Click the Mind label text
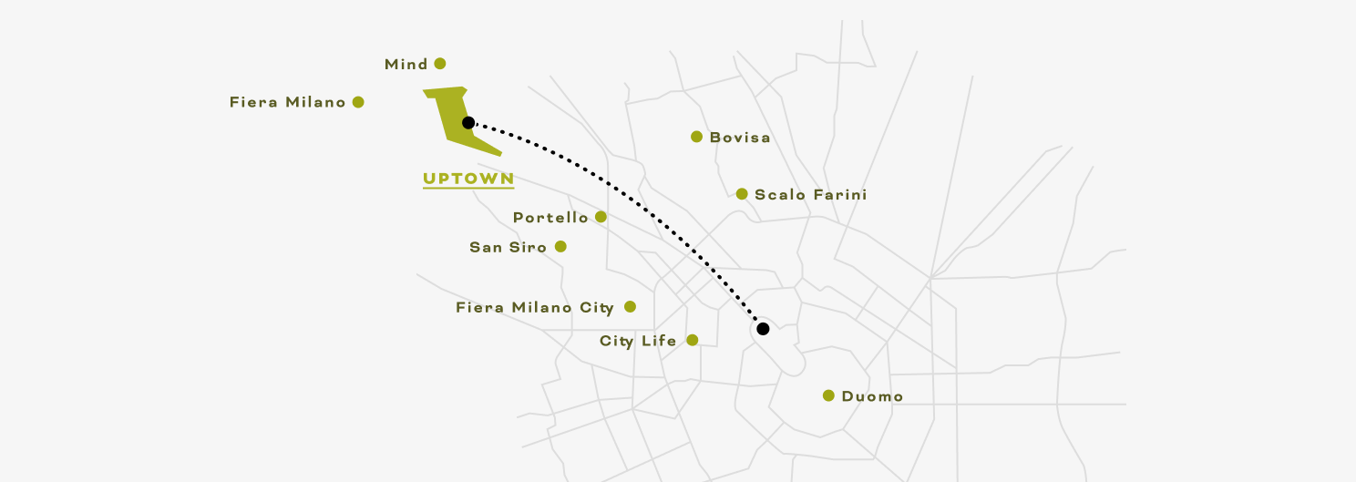(406, 65)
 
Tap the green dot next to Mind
(440, 64)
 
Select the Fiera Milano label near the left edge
(287, 103)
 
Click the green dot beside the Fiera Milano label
(358, 102)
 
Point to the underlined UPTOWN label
(468, 179)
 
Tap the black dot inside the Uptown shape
(467, 122)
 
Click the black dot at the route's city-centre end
(763, 328)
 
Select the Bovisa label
(740, 138)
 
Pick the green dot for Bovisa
(696, 137)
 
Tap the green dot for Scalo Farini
(742, 193)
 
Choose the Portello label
(550, 218)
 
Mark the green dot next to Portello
(601, 217)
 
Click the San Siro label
(508, 247)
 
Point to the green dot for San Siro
(560, 246)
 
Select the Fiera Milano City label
(534, 308)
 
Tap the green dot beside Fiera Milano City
(630, 307)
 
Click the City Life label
(638, 342)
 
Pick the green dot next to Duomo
(828, 395)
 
